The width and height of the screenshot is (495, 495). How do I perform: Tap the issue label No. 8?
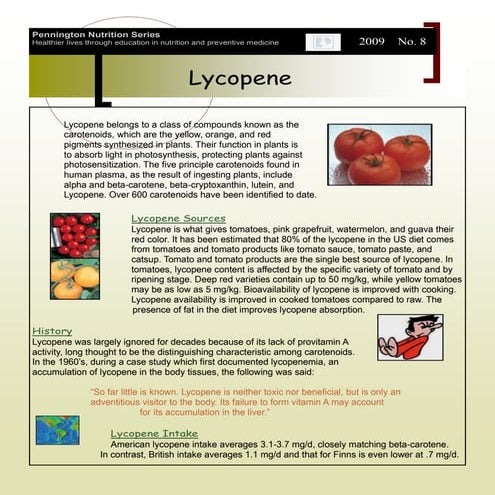pos(411,42)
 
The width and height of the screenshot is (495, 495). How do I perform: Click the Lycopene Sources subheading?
pos(177,217)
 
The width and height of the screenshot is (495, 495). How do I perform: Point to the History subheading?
pos(52,330)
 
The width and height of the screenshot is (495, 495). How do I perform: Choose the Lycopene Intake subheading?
pos(157,433)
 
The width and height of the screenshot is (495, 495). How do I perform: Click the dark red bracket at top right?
pos(432,50)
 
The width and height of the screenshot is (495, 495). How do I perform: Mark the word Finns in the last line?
pos(351,455)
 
